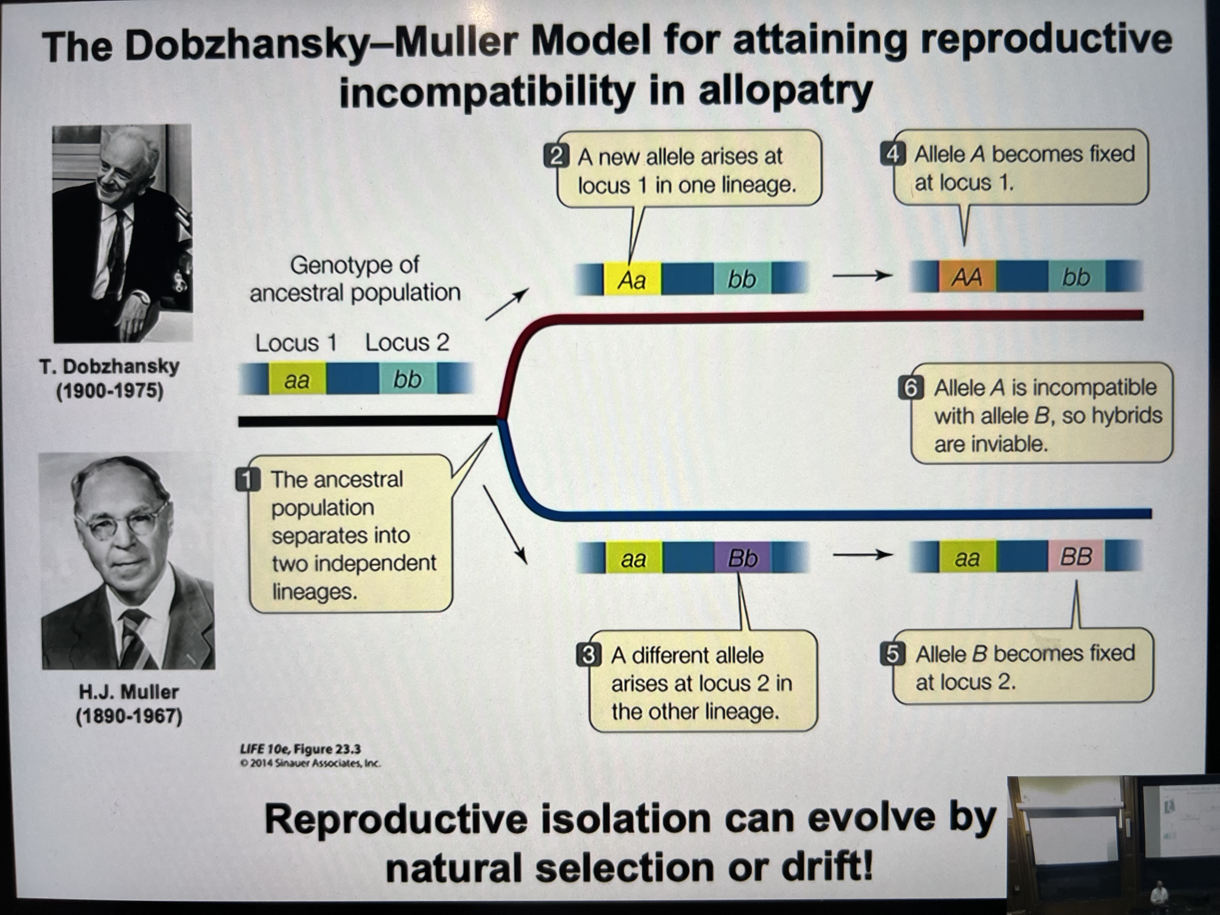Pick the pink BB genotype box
pyautogui.click(x=1075, y=556)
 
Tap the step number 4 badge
pyautogui.click(x=892, y=154)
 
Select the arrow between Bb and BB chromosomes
pyautogui.click(x=862, y=556)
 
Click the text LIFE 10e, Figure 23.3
pyautogui.click(x=300, y=749)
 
